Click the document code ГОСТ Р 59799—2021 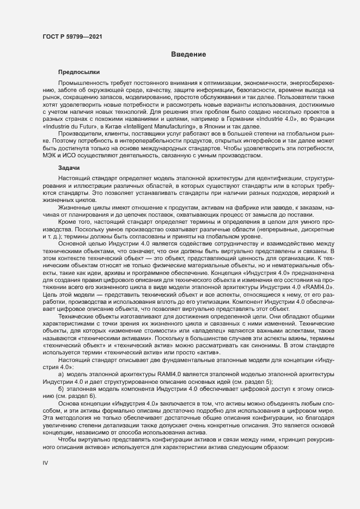point(71,38)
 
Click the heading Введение point(188,54)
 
